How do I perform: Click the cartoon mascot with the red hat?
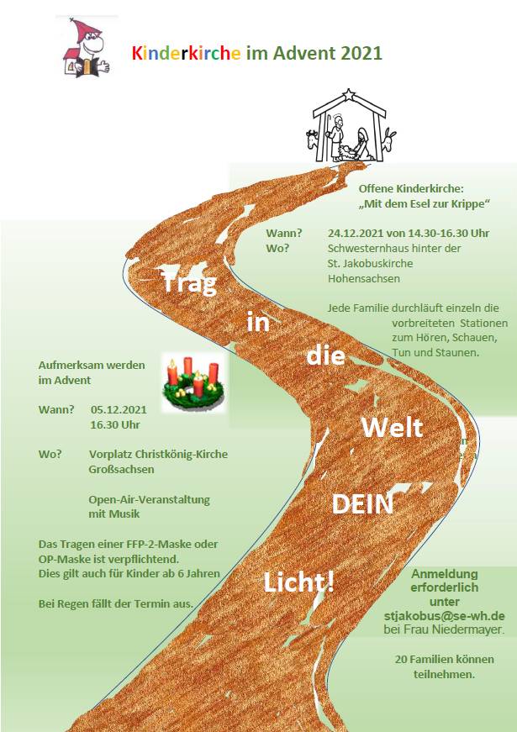[87, 48]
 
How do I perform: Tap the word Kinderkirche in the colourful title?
[187, 54]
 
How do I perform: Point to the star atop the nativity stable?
[349, 96]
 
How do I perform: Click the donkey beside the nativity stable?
[388, 140]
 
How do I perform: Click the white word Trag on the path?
[190, 283]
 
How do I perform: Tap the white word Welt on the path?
[393, 427]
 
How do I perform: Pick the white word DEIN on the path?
[362, 504]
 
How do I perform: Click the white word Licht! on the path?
[299, 582]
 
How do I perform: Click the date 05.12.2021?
[119, 410]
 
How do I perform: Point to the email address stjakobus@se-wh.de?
[444, 616]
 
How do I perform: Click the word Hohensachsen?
[364, 279]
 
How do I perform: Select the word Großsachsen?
[121, 469]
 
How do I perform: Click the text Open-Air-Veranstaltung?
[149, 499]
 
